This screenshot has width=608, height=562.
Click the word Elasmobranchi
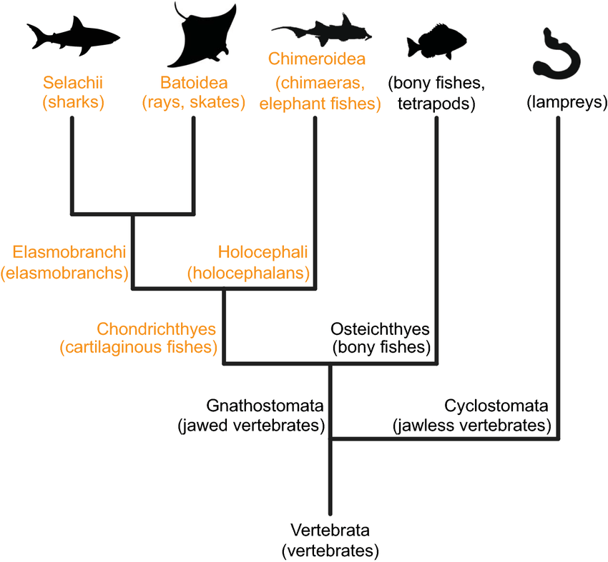(x=69, y=252)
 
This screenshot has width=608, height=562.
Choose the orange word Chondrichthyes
(x=157, y=329)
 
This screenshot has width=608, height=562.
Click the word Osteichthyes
(x=380, y=329)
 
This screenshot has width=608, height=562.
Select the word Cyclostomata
(x=496, y=406)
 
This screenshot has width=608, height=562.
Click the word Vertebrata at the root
(x=330, y=531)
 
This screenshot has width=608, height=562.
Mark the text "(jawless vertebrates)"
(x=472, y=426)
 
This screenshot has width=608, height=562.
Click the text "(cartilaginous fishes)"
(x=139, y=348)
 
